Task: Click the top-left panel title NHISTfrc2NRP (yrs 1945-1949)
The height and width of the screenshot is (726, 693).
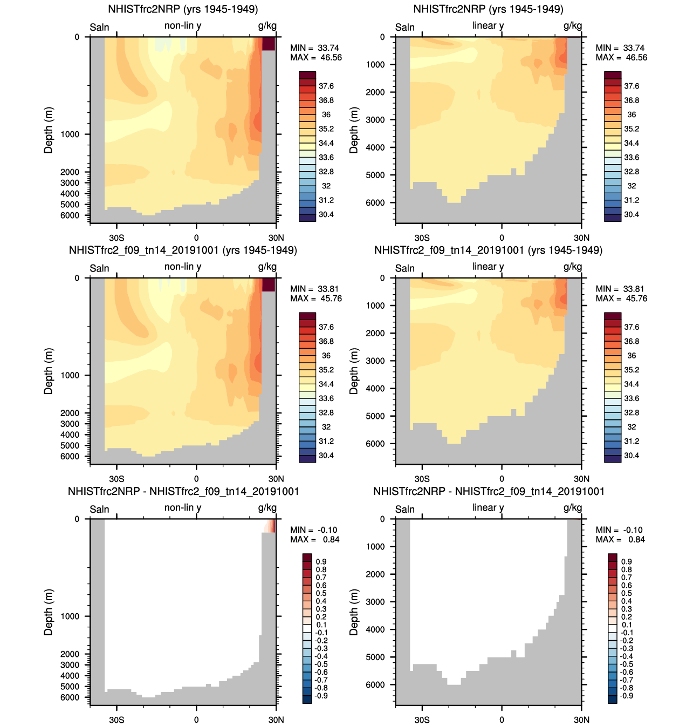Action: click(183, 9)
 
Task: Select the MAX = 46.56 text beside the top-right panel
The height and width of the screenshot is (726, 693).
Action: click(621, 57)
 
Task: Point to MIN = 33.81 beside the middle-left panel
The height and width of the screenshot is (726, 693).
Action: click(315, 289)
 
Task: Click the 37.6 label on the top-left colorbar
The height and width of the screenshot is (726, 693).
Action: click(326, 86)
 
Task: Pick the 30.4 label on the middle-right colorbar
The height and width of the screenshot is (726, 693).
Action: click(632, 455)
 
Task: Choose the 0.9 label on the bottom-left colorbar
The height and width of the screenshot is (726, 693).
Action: click(321, 561)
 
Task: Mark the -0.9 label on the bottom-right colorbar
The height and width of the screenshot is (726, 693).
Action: click(626, 695)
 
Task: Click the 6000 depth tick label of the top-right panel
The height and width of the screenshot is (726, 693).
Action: click(375, 202)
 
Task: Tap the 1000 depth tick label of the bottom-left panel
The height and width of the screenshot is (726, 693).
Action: click(70, 616)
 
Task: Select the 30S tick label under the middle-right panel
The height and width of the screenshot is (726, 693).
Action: click(422, 479)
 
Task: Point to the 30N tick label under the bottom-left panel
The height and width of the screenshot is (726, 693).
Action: click(276, 720)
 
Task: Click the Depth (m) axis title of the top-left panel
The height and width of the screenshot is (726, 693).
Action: click(49, 130)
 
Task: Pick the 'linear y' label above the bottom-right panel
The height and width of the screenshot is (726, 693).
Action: click(488, 507)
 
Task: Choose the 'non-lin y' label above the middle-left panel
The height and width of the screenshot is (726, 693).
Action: click(183, 267)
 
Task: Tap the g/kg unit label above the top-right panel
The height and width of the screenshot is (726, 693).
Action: click(573, 25)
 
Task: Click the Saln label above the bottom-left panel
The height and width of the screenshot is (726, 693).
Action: click(99, 509)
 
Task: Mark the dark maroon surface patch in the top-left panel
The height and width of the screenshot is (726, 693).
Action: click(269, 44)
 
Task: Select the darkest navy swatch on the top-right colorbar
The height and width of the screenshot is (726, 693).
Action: click(613, 218)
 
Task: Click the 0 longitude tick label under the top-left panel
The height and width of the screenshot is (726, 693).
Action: click(196, 238)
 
